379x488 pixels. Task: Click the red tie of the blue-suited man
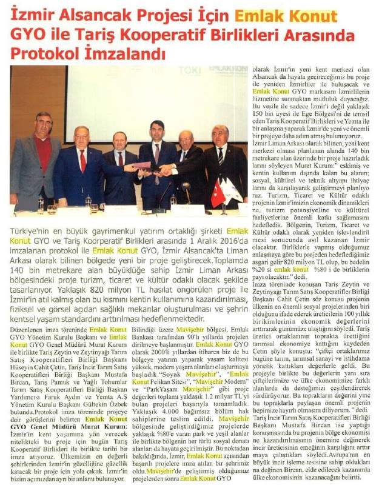(82, 160)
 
